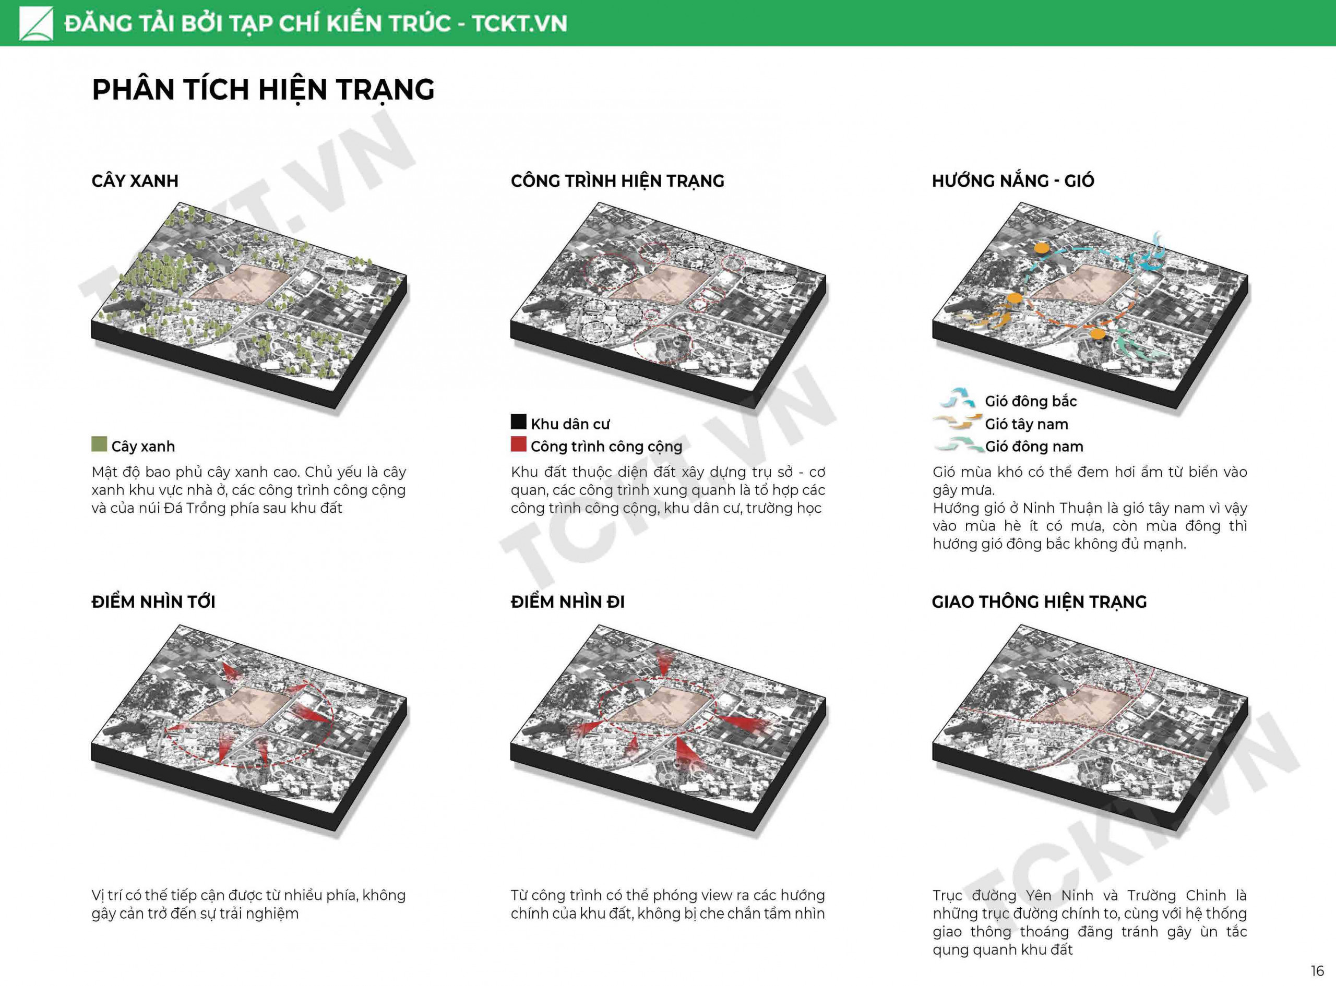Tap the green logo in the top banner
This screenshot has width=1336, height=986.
(x=36, y=23)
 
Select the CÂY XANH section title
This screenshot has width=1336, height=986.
(x=135, y=181)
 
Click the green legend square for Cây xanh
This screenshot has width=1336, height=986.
(x=99, y=444)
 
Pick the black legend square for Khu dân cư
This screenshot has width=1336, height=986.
(x=518, y=422)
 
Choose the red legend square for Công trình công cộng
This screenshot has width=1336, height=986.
(x=518, y=444)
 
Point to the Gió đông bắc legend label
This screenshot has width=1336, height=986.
(x=1031, y=401)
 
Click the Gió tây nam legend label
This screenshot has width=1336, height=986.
(x=1027, y=424)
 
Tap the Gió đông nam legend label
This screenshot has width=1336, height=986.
(x=1034, y=447)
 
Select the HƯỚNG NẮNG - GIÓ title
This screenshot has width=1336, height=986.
(x=1013, y=181)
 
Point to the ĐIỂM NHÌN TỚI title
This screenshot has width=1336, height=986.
(x=153, y=602)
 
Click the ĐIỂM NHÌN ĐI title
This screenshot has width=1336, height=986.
(x=568, y=602)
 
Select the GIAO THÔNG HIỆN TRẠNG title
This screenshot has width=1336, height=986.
(x=1039, y=602)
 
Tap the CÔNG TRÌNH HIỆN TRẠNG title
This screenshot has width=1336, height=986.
(x=617, y=181)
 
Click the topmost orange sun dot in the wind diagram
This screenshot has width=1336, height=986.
(x=1041, y=248)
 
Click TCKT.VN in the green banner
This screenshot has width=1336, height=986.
(x=519, y=24)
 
